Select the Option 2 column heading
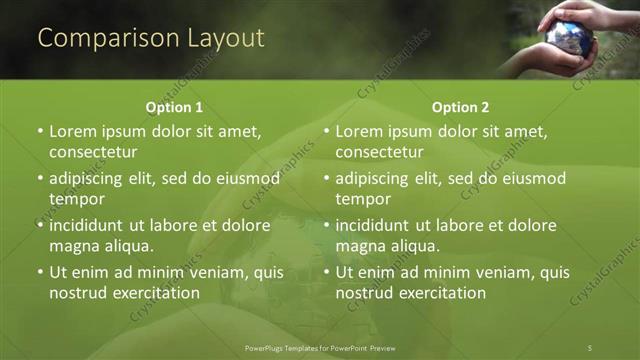(460, 107)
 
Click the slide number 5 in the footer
(590, 347)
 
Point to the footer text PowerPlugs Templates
(284, 347)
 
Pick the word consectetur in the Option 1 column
(93, 152)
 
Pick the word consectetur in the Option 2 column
(379, 152)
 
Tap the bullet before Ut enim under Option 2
(326, 272)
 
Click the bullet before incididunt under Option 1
(40, 225)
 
